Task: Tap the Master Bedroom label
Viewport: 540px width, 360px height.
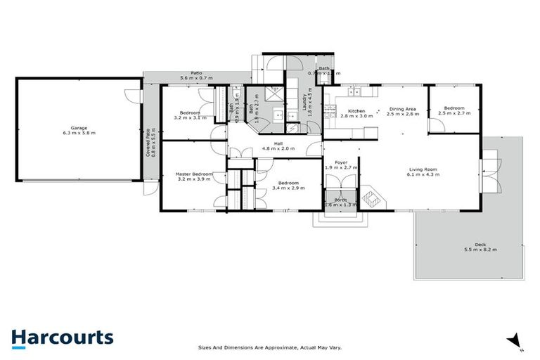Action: pos(193,174)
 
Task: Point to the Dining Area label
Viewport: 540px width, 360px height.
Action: pos(404,109)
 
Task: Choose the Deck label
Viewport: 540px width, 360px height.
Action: pos(480,244)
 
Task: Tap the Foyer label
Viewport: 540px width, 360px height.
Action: pos(341,162)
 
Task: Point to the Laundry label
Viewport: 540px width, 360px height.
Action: pos(304,103)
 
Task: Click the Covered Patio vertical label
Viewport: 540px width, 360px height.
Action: pos(148,142)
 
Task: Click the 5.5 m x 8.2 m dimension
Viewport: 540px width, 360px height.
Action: pos(480,250)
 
